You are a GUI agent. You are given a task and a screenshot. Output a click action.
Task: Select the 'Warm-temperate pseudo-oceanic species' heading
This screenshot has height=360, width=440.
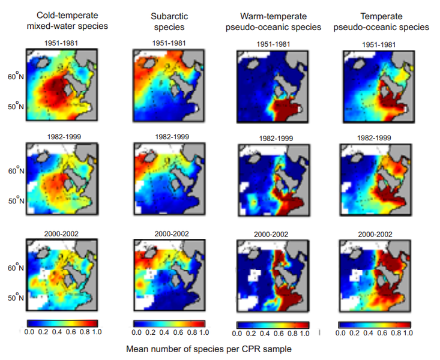pos(276,22)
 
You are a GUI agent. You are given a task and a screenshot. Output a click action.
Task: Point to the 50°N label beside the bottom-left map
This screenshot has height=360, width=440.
pos(14,298)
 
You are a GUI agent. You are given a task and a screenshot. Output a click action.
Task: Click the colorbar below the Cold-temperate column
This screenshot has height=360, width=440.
pos(61,322)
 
